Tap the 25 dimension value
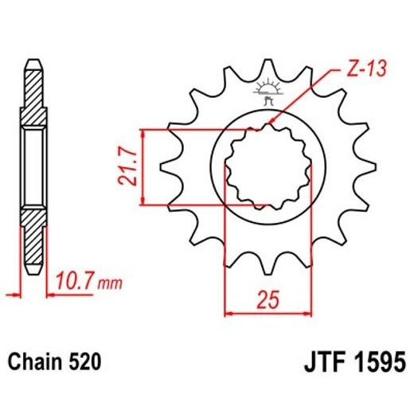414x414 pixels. (x=268, y=300)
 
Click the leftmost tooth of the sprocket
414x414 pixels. (x=169, y=167)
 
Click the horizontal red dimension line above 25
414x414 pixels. (x=267, y=313)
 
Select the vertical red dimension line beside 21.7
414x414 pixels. (x=141, y=167)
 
